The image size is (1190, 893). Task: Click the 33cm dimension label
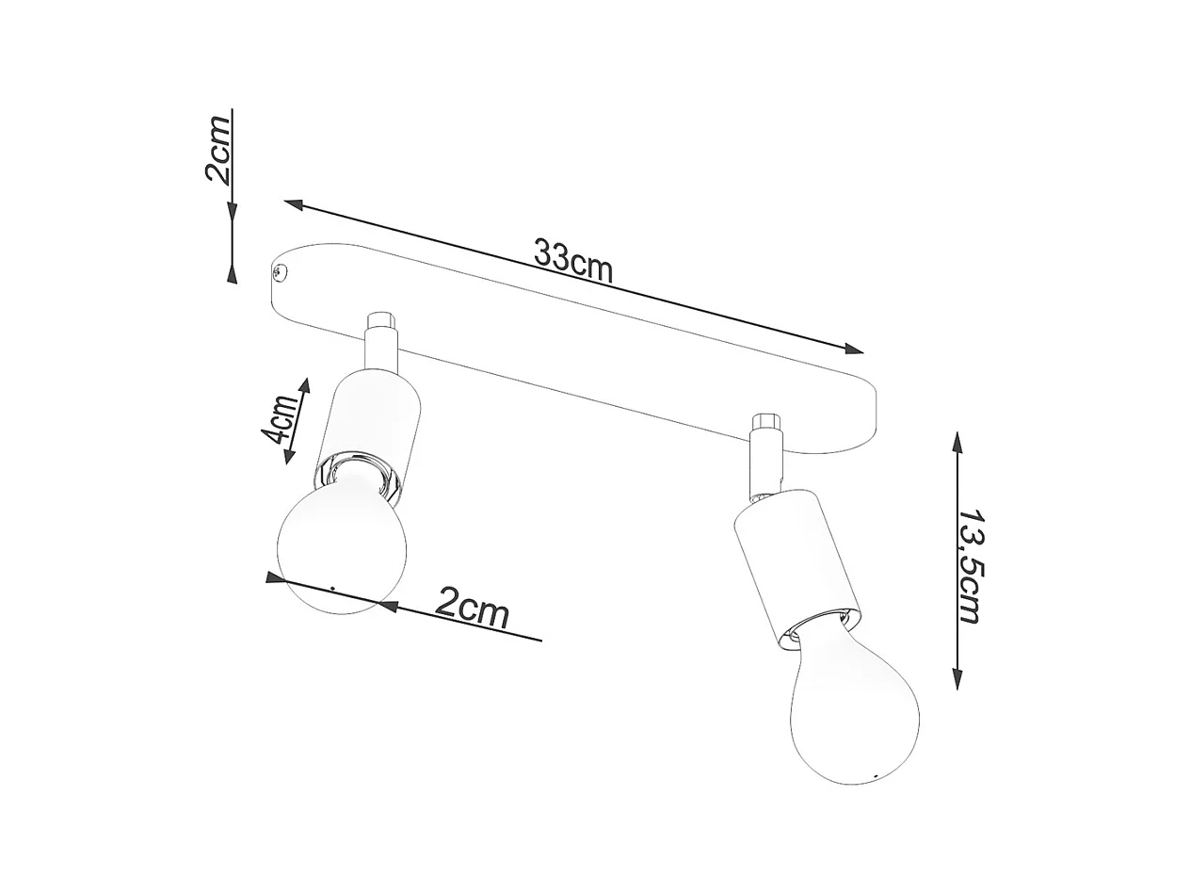(572, 260)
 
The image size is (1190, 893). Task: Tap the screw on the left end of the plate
(280, 273)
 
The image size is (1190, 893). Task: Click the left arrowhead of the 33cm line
(293, 203)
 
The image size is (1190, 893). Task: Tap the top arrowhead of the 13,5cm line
(957, 443)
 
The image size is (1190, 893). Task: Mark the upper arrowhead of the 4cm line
(304, 386)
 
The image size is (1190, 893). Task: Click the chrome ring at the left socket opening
(356, 468)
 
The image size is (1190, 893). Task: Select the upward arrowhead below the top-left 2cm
(232, 272)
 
